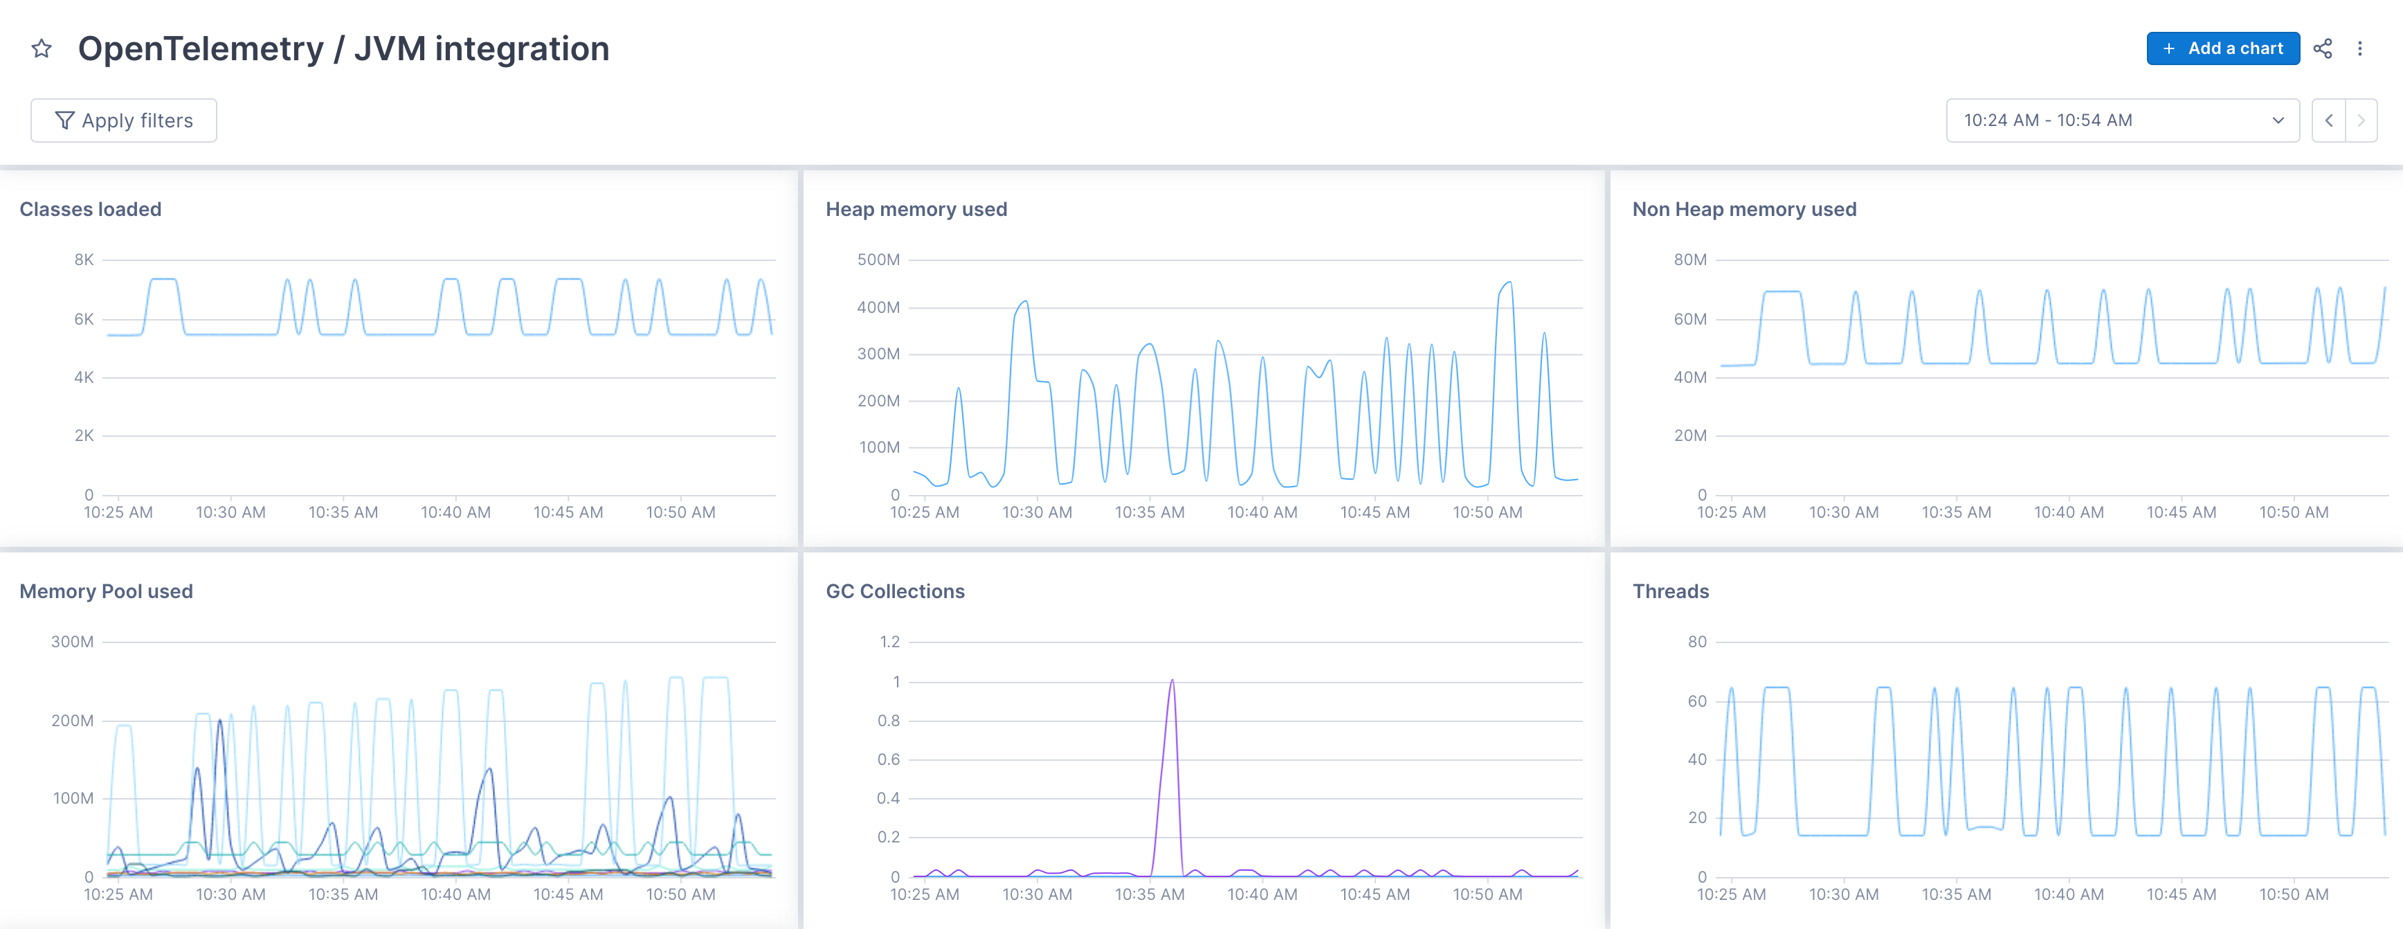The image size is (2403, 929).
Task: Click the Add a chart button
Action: click(2222, 48)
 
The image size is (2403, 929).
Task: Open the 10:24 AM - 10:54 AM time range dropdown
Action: click(2121, 120)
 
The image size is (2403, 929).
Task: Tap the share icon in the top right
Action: click(2322, 48)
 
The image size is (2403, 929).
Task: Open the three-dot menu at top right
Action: click(2359, 48)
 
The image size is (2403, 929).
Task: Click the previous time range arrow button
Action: click(2328, 120)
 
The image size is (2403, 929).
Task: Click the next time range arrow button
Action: click(2361, 120)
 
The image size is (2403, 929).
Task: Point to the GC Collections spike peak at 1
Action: click(1172, 681)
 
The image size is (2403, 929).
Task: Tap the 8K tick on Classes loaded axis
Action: click(84, 260)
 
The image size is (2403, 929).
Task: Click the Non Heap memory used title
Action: click(1743, 209)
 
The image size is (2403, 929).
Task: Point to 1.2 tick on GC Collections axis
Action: click(889, 642)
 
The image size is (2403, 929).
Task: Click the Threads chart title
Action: click(1670, 591)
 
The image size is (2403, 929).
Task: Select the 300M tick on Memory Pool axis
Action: click(72, 642)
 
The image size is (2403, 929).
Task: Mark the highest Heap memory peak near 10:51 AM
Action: click(1508, 282)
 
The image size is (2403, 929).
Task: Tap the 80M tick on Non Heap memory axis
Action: click(1689, 260)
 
